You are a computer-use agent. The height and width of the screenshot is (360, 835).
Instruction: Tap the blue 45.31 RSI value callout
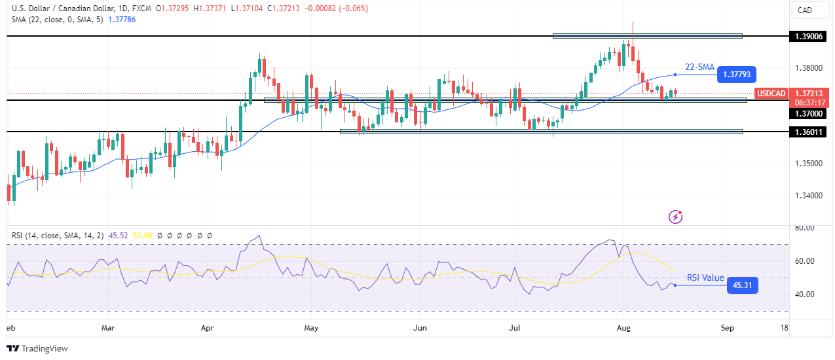(x=742, y=285)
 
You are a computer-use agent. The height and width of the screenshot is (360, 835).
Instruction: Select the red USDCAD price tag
(x=770, y=94)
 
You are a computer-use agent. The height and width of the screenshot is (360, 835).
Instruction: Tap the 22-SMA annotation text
(x=699, y=67)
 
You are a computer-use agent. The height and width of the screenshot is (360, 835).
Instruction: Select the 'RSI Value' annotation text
(x=705, y=278)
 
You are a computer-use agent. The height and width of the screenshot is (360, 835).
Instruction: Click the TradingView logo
(x=37, y=348)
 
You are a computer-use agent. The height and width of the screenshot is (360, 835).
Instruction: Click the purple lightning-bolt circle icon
(x=675, y=216)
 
